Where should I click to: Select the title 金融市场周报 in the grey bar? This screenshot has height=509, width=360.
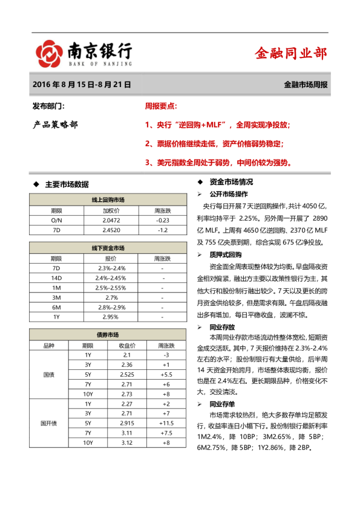(306, 85)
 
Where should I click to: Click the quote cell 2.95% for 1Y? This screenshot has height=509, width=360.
(111, 317)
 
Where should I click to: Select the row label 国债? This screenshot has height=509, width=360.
(48, 375)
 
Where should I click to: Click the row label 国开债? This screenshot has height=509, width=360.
(48, 423)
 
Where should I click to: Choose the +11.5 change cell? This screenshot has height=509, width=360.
(165, 423)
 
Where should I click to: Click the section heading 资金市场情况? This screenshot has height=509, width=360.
(231, 182)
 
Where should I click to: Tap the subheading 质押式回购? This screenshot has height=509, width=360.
(226, 254)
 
